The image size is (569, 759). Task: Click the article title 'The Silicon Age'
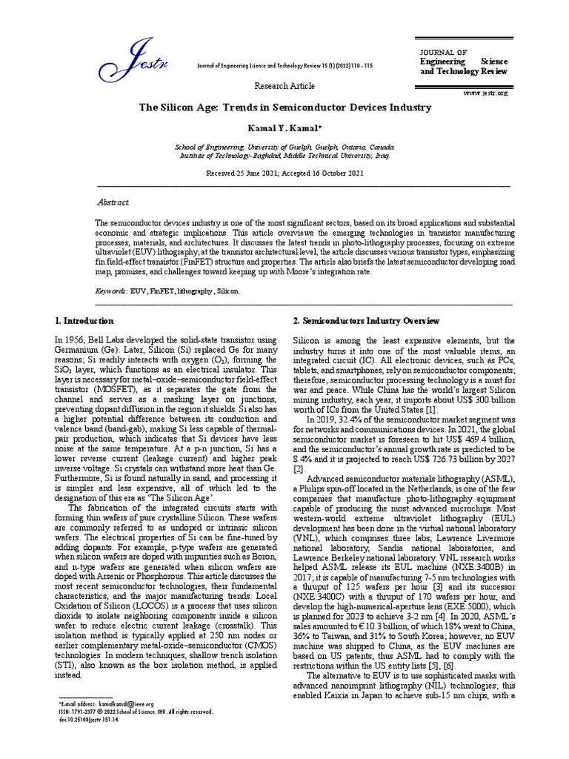pos(285,107)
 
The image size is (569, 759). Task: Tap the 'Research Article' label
pos(282,86)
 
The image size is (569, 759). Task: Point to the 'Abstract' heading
pos(113,202)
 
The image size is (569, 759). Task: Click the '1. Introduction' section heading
pos(84,321)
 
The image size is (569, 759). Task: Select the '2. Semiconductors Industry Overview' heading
pos(367,321)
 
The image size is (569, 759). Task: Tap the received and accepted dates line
pos(285,172)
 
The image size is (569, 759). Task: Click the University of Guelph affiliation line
pos(285,148)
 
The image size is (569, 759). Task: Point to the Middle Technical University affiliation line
pos(285,156)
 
